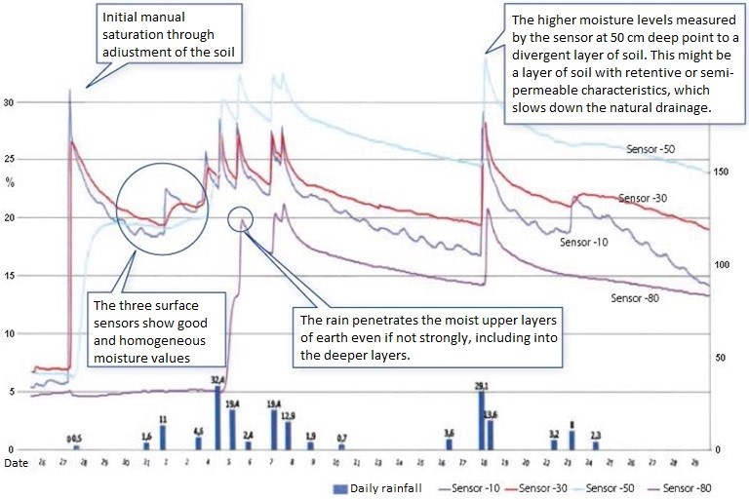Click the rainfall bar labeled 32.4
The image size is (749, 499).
pos(217,417)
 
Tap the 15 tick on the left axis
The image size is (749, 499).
pos(13,276)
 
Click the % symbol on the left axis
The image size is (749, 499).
pos(12,180)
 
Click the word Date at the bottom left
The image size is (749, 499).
pos(15,463)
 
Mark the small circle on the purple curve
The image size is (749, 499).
pos(240,218)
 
